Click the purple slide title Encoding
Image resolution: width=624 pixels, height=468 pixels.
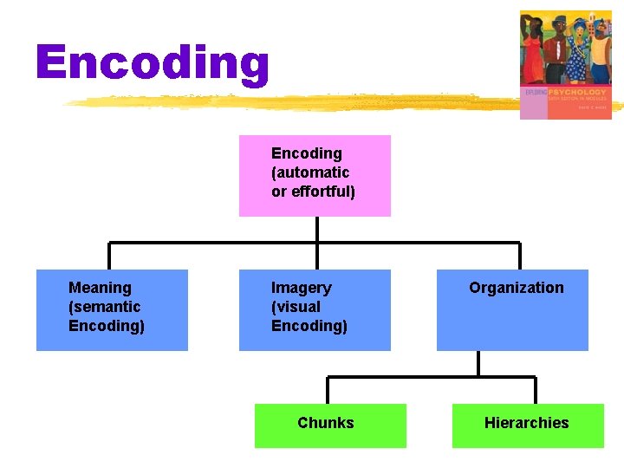coord(153,63)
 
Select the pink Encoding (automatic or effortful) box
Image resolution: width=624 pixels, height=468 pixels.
coord(315,176)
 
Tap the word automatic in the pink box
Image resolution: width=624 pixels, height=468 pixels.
coord(310,172)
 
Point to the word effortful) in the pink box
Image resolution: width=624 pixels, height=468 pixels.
coord(324,192)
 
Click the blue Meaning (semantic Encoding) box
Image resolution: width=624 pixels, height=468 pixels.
coord(112,310)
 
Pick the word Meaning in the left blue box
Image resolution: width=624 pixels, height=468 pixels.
coord(100,288)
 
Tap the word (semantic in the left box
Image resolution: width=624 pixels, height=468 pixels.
coord(104,307)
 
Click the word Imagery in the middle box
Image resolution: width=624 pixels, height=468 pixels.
coord(301,288)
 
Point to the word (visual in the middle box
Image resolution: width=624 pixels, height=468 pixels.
coord(296,307)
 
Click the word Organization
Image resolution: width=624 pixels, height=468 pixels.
coord(516,288)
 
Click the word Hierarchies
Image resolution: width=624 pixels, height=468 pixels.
coord(526,423)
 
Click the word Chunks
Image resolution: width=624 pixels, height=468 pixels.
coord(325,423)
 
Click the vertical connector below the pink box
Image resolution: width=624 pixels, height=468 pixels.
coord(317,230)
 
